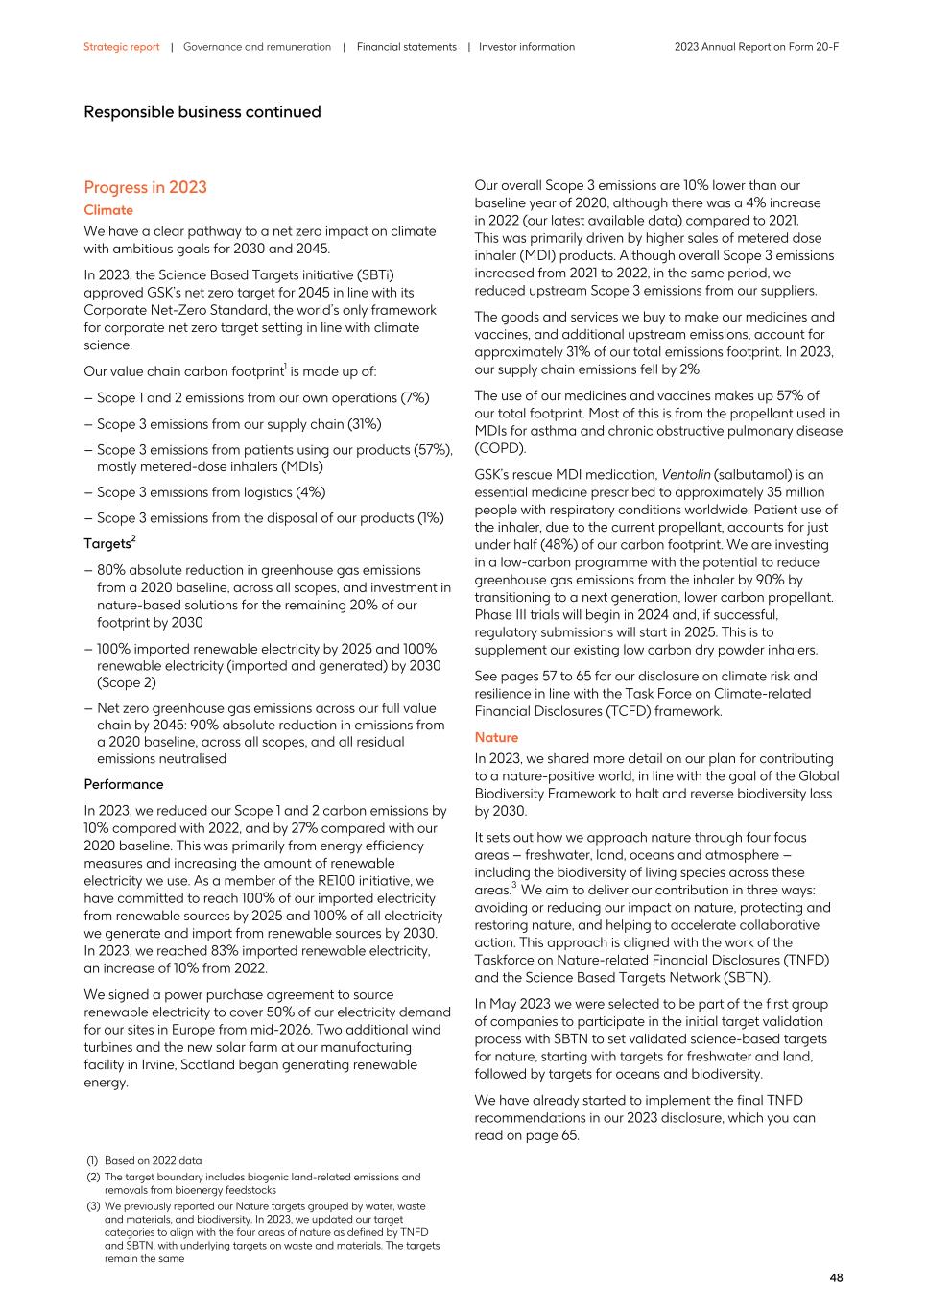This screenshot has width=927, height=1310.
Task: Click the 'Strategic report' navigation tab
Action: coord(121,47)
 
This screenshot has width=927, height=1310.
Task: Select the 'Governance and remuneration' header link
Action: coord(257,47)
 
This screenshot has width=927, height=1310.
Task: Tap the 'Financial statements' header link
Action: coord(406,47)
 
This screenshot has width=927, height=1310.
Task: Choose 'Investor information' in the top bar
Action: coord(527,47)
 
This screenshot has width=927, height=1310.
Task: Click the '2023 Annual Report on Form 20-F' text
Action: coord(756,47)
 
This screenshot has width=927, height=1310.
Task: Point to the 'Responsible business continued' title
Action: coord(202,112)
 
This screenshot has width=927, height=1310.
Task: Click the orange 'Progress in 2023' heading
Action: coord(145,187)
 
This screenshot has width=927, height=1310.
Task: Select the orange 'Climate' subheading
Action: coord(108,210)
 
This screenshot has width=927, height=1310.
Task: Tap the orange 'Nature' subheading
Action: coord(496,737)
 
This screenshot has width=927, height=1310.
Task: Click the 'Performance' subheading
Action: coord(124,784)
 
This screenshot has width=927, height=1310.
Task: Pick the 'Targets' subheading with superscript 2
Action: coord(108,544)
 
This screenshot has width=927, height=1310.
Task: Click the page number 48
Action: coord(836,1277)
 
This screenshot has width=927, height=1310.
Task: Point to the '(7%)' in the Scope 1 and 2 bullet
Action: coord(416,398)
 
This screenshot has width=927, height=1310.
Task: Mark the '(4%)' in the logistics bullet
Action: coord(311,492)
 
